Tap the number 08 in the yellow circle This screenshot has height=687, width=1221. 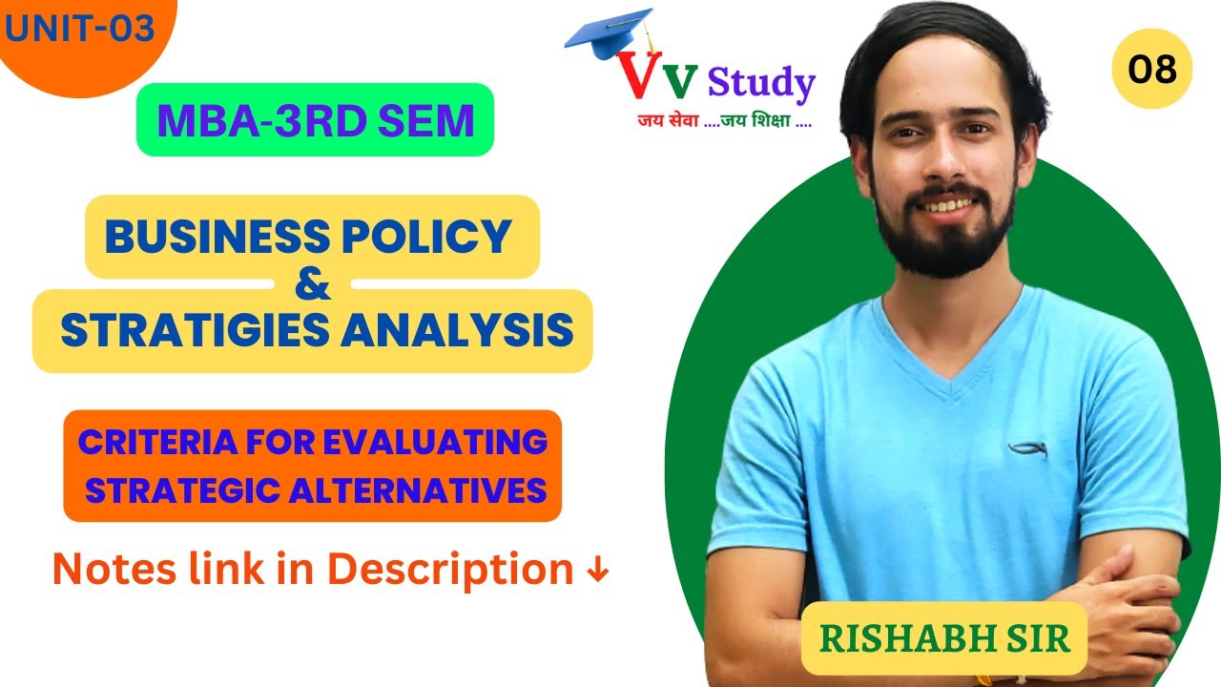pyautogui.click(x=1151, y=69)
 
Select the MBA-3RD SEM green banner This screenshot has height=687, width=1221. pyautogui.click(x=315, y=120)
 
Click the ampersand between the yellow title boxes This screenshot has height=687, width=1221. pyautogui.click(x=315, y=285)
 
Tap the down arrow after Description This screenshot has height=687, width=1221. pyautogui.click(x=597, y=571)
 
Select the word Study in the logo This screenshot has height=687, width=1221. pyautogui.click(x=761, y=84)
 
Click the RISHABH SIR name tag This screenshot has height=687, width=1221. pyautogui.click(x=943, y=638)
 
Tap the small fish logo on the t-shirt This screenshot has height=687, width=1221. pyautogui.click(x=1026, y=448)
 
